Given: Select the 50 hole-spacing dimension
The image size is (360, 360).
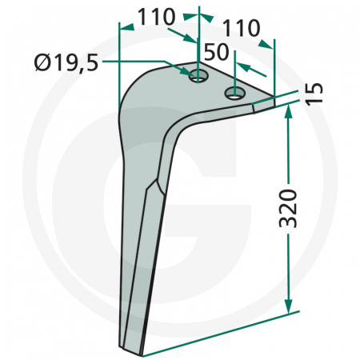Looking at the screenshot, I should point(216,54).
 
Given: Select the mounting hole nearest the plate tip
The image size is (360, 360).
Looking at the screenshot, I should point(235,94).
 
